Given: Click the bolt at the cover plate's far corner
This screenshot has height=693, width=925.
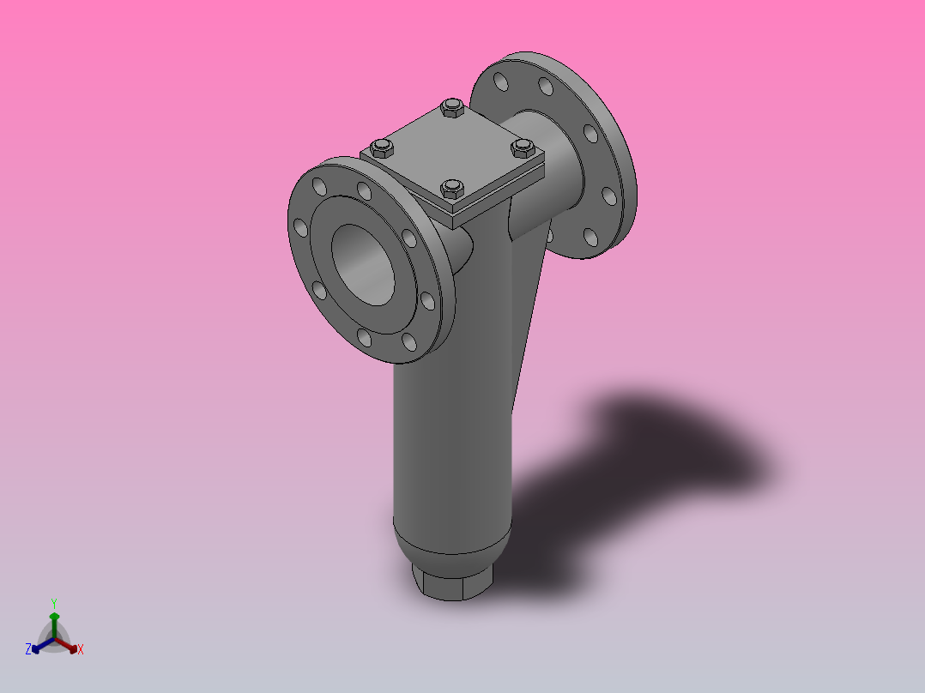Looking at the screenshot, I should tap(451, 108).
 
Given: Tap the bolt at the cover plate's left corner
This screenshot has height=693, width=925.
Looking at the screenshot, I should tap(382, 148).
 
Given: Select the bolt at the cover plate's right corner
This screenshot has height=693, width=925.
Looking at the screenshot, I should tap(523, 148).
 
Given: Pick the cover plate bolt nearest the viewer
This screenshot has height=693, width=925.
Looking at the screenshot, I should tap(451, 188).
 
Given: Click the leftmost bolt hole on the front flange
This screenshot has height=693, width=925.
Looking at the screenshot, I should tap(300, 227).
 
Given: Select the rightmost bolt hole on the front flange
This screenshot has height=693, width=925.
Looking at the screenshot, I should tap(426, 300).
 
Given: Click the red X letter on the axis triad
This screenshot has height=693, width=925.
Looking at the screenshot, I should tap(80, 650).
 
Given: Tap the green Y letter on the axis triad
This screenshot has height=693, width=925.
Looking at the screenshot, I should tap(54, 602).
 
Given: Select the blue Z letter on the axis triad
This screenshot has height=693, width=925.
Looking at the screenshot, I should tap(28, 650).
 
